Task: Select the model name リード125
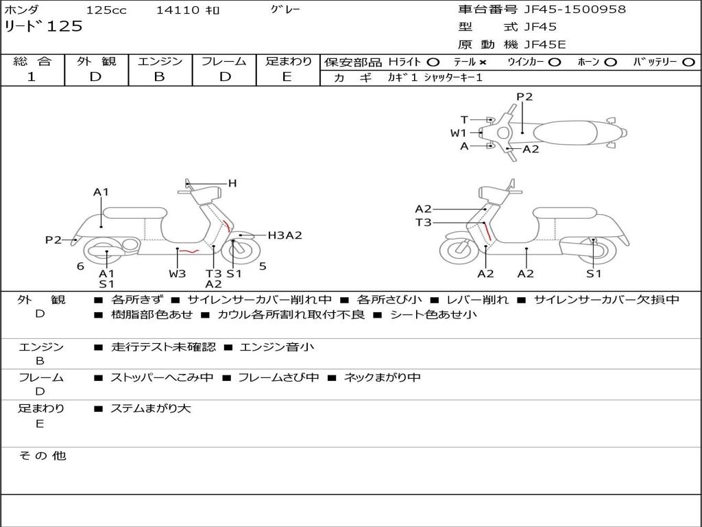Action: coord(43,27)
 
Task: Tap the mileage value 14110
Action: coord(178,10)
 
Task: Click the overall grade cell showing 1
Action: coord(32,77)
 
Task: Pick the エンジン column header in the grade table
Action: coord(160,61)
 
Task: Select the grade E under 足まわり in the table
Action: coord(287,77)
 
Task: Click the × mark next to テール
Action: coord(483,62)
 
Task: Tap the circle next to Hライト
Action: coord(433,62)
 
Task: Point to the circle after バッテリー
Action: coord(689,62)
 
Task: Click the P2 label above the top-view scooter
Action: coord(524,97)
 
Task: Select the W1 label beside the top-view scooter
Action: coord(458,132)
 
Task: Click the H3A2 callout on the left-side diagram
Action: coord(285,235)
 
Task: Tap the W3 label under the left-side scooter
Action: coord(178,274)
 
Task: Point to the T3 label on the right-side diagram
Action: coord(423,222)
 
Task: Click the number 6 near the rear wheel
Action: coord(80,266)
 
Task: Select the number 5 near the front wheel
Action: coord(263,266)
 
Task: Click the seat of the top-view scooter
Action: coord(566,132)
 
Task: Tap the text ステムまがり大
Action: coord(151,408)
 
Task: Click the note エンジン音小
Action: coord(277,347)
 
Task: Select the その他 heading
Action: coord(42,456)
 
